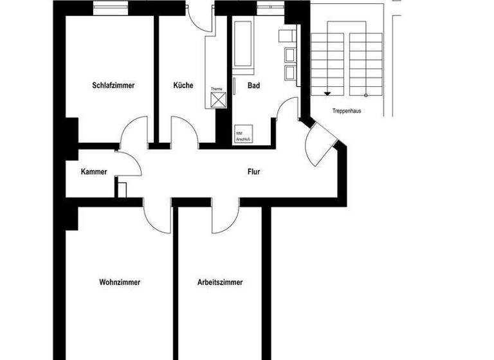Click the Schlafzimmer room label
tap(113, 85)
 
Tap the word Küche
tap(183, 85)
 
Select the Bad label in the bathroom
tap(253, 85)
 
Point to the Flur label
tap(255, 172)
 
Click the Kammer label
tap(94, 172)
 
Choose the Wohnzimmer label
tap(120, 282)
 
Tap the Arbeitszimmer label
tap(220, 282)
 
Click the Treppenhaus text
tap(347, 111)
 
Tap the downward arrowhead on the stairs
tap(327, 93)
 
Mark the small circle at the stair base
tap(366, 95)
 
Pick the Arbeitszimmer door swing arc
tap(225, 219)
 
